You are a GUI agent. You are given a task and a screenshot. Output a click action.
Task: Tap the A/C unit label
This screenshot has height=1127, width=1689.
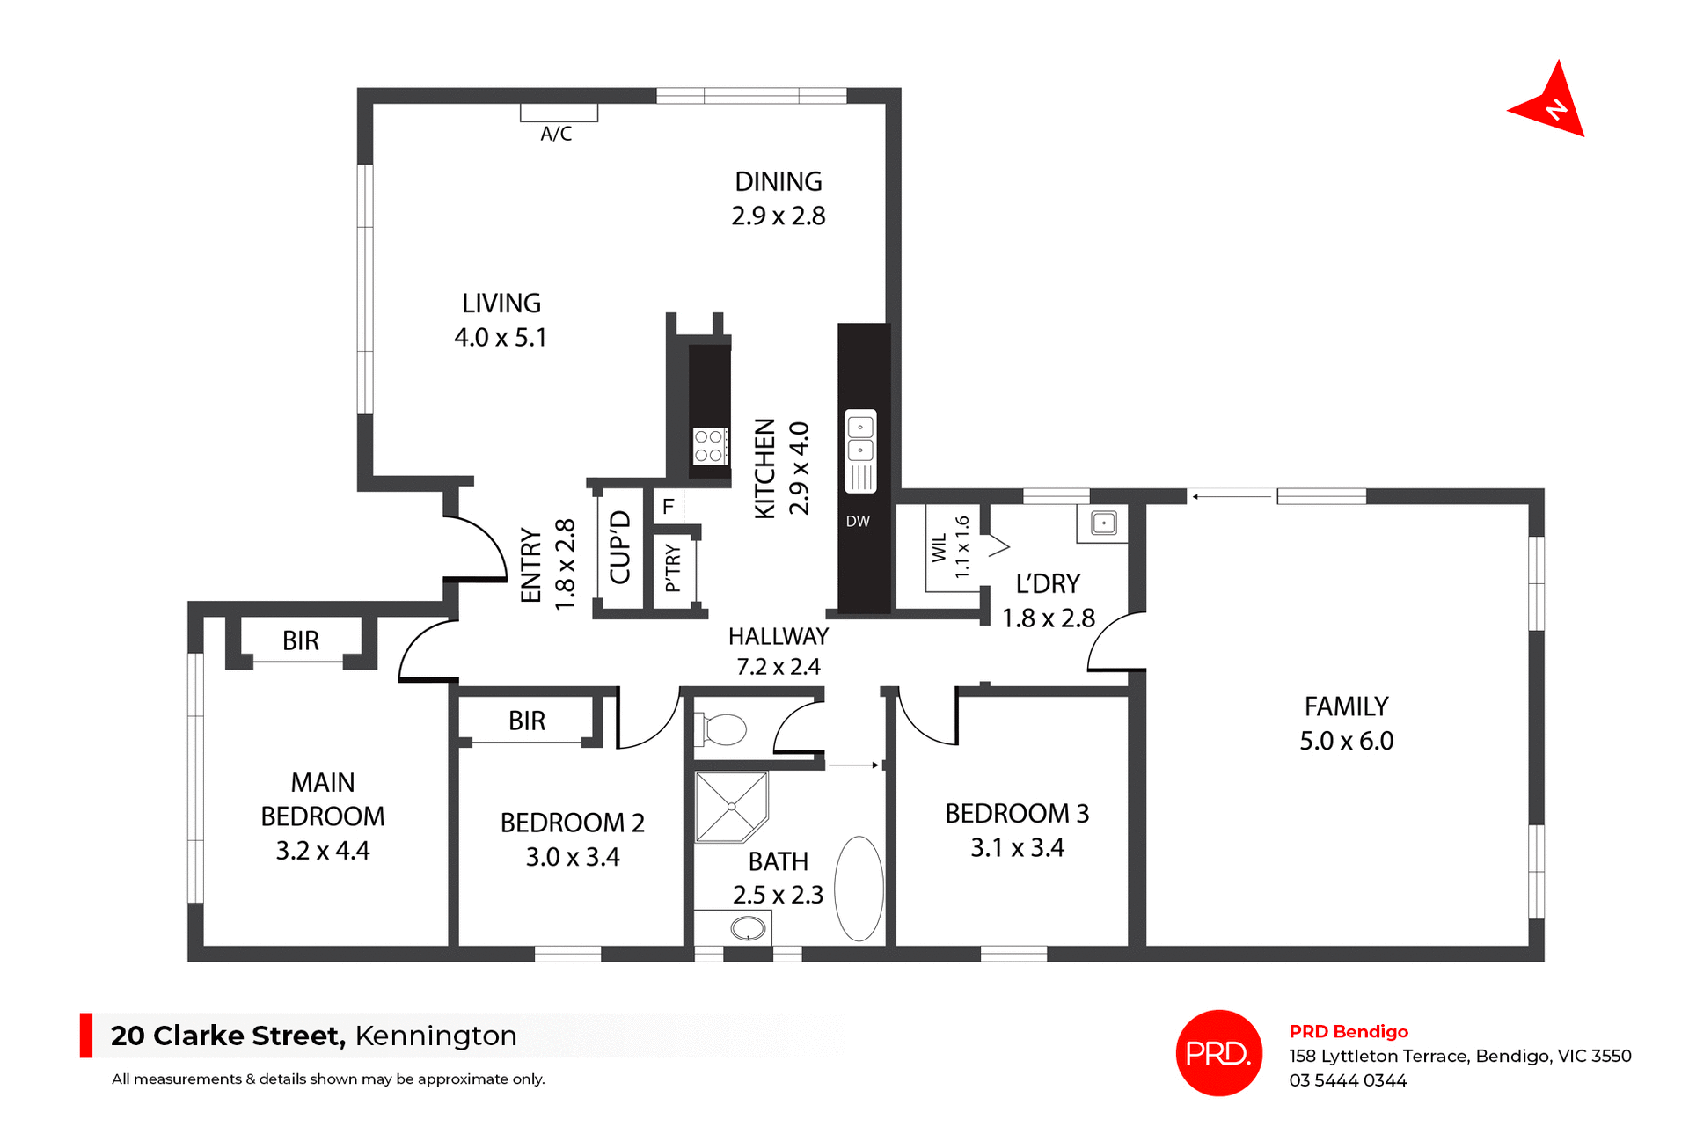coord(556,134)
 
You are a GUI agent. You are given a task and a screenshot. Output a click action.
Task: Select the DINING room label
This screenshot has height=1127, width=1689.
coord(779,182)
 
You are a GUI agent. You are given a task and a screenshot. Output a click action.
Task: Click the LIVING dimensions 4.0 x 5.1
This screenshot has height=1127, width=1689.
coord(501,338)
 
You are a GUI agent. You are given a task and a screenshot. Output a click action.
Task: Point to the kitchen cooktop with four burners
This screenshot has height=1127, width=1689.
coord(709,446)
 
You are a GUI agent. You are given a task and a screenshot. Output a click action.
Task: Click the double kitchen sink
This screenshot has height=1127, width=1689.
coord(860,439)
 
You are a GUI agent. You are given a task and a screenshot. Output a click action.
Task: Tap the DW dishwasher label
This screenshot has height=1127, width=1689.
coord(858,522)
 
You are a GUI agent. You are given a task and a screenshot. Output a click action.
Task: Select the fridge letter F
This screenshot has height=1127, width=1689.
coord(669,507)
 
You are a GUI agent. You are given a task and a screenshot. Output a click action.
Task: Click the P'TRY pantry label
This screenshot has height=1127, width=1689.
coord(673,567)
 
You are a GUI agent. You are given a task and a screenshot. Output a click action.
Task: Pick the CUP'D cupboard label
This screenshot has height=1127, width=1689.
coord(620,547)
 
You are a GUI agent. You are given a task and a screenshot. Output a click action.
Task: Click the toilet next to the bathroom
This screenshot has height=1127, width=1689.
coord(722,729)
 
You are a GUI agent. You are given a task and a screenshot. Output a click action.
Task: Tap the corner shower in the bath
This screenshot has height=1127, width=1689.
coord(731,807)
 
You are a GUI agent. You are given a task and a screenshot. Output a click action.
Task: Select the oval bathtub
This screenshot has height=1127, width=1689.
coord(859,889)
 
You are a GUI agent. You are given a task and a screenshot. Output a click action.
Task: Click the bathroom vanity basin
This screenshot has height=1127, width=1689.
coord(748,928)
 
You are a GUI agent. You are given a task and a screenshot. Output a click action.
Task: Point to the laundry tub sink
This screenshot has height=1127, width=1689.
coord(1103,523)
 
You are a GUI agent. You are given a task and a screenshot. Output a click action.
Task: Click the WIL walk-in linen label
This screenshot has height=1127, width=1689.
coord(940,547)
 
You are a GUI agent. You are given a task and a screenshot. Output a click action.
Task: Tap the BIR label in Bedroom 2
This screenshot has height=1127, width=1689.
coord(527,721)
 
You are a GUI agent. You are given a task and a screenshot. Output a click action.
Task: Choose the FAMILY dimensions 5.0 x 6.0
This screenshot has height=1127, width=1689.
coord(1347,742)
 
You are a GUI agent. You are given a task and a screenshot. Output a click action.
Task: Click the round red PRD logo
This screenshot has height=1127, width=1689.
coord(1218,1053)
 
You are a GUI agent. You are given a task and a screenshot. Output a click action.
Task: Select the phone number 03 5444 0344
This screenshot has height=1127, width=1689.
coord(1348,1081)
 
